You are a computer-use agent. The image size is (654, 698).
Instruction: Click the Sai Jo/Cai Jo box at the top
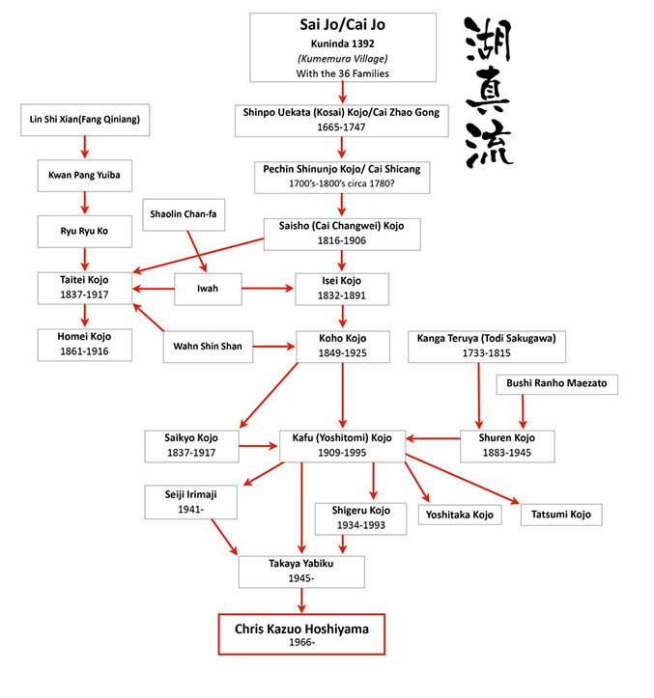coord(342,46)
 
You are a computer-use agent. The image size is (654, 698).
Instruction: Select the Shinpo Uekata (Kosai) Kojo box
coord(342,120)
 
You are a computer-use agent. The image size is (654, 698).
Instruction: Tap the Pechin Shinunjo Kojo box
coord(342,175)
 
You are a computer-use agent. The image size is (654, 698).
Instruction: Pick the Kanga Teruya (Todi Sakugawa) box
coord(478,346)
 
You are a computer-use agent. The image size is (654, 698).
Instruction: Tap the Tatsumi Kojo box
coord(561,514)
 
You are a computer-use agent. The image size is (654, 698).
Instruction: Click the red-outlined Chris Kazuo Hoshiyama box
coord(301,634)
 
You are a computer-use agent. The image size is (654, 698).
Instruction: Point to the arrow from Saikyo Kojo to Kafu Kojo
coord(256,445)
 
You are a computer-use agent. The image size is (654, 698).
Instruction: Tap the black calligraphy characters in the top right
coord(489,91)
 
